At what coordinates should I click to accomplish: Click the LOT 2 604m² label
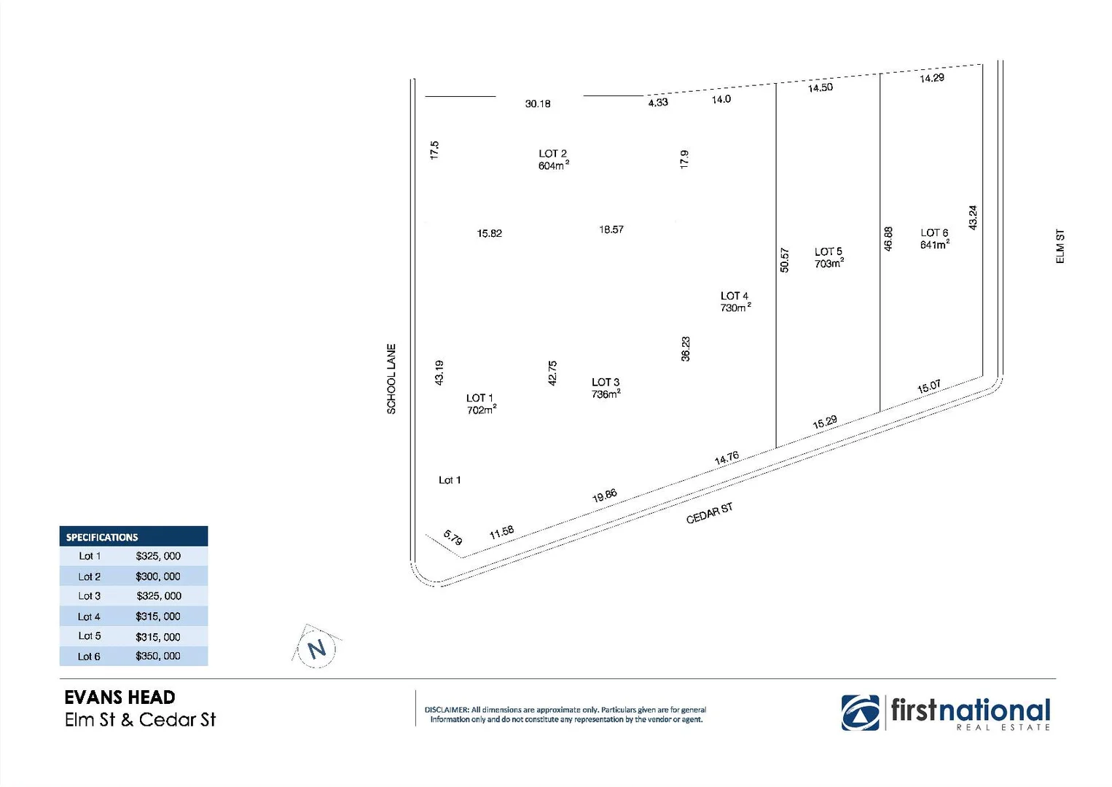click(x=553, y=160)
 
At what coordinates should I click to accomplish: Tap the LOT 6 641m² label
click(x=934, y=239)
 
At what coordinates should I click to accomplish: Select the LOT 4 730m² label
click(x=735, y=302)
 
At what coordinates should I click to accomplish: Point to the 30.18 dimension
click(x=538, y=104)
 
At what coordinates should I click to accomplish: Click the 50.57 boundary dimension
click(x=784, y=260)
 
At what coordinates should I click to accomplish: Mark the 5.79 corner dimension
click(x=453, y=539)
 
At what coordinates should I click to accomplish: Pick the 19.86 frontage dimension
click(x=604, y=496)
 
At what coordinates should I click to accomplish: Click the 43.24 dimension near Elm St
click(x=973, y=218)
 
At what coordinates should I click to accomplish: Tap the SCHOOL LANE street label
click(x=391, y=379)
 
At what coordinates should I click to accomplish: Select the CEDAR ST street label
click(x=709, y=513)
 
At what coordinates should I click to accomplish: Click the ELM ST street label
click(x=1060, y=246)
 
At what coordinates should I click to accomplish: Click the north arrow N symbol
click(x=317, y=649)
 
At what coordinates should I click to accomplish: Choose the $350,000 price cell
click(x=158, y=656)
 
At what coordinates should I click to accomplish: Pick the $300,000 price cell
click(x=158, y=576)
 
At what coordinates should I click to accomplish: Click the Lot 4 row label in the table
click(x=89, y=616)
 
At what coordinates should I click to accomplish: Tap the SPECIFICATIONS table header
click(x=102, y=537)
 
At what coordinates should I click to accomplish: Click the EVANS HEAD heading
click(x=120, y=697)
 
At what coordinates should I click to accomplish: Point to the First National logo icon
click(x=860, y=712)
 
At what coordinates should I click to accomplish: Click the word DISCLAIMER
click(x=447, y=710)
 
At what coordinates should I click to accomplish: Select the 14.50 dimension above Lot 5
click(x=820, y=88)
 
